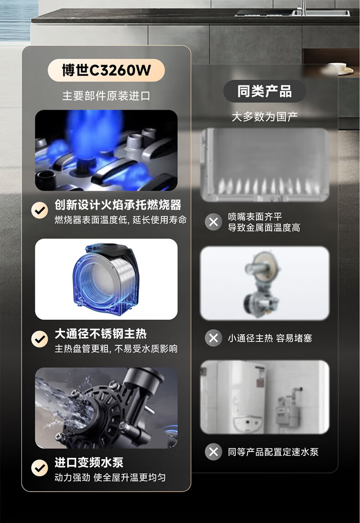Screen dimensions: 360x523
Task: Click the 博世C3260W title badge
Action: coord(106,70)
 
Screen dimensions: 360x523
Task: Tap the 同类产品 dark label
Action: coord(264,91)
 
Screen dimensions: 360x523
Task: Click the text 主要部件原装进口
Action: coord(106,96)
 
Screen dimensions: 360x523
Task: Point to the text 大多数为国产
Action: coord(265,117)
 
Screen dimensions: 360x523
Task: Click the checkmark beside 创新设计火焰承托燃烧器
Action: coord(39,210)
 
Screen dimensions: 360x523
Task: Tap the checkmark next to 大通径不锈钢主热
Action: coord(39,339)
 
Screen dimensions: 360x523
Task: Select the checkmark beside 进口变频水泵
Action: coord(39,467)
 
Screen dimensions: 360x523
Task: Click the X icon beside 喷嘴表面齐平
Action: coord(214,222)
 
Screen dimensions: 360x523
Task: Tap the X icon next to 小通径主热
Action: coord(214,338)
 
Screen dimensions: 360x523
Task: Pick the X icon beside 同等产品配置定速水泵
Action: coord(214,452)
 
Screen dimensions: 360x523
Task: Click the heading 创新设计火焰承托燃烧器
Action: coord(118,205)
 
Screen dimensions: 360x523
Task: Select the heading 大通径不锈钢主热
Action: coord(101,333)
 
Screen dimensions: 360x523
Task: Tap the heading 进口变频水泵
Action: coord(89,462)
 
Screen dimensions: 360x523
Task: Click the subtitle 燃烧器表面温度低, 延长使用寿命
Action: coord(120,220)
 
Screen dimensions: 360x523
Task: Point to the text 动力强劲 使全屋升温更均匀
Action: coord(110,477)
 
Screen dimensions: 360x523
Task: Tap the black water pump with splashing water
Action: coord(106,408)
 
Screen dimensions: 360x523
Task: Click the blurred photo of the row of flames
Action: coord(265,165)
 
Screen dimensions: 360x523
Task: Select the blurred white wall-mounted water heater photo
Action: coord(265,397)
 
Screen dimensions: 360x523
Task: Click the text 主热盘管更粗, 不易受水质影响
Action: coord(116,349)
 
